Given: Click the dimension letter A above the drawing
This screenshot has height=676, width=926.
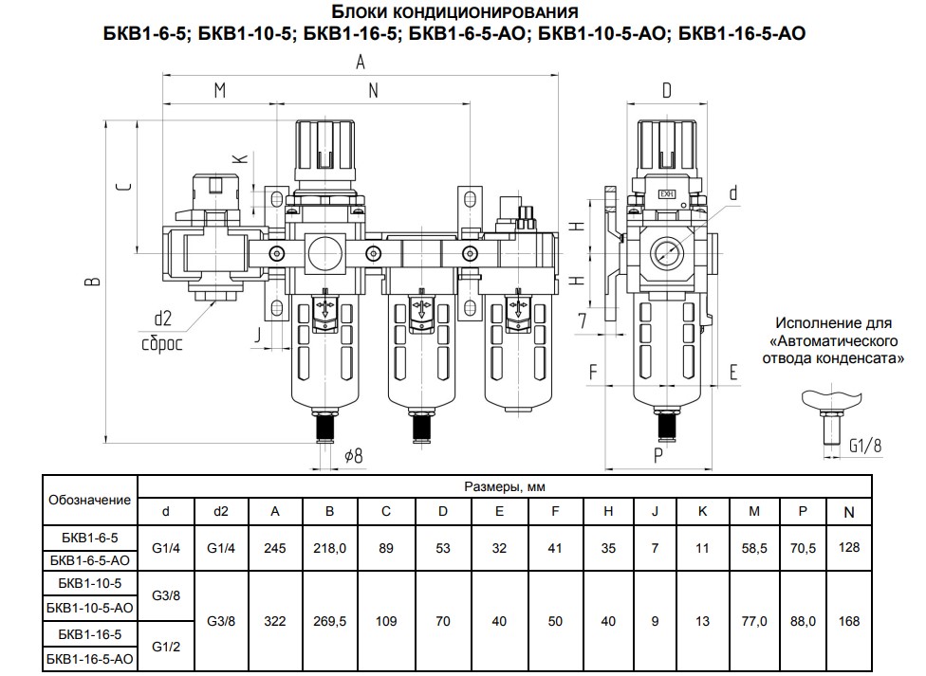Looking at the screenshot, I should (361, 63).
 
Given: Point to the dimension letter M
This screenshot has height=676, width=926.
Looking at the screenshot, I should (219, 91).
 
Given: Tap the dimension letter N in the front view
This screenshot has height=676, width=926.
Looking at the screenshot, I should (374, 91).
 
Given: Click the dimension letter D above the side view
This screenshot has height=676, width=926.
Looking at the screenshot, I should (666, 90).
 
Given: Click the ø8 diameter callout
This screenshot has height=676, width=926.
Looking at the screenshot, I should (353, 455).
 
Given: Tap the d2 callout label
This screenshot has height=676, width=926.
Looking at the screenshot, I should (162, 319).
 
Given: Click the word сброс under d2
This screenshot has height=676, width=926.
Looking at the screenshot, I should (162, 344).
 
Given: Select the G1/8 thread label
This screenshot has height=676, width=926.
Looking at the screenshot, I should (865, 444).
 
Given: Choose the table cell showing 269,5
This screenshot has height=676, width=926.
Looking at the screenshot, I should (329, 621).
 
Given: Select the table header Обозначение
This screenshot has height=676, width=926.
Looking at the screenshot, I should (90, 499).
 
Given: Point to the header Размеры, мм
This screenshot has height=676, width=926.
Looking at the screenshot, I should (505, 487).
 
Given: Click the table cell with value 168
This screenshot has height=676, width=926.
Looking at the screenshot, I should (849, 621).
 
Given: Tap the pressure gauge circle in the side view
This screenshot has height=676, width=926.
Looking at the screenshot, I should (667, 252).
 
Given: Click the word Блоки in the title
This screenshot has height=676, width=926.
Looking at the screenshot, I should (361, 13).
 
